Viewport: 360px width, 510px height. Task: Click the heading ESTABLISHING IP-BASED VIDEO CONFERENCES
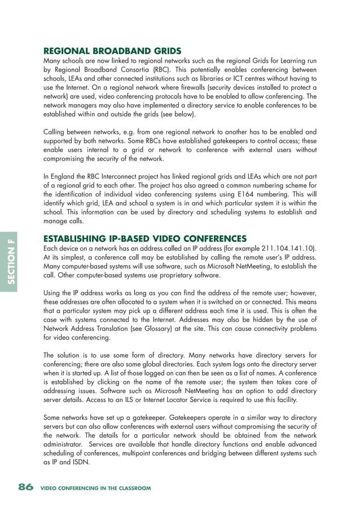coord(145,238)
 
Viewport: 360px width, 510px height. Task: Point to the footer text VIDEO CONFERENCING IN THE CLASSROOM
coord(96,488)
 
